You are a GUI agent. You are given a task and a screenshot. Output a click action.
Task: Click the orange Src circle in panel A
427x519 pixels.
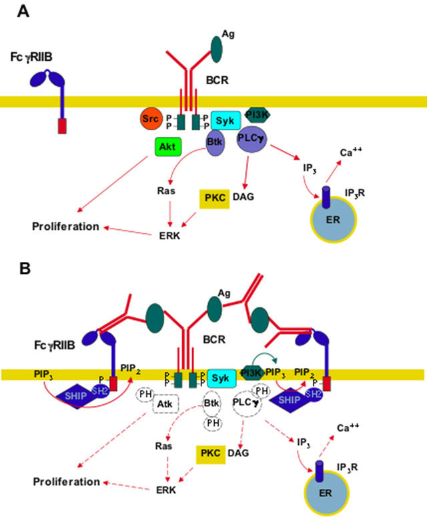[151, 120]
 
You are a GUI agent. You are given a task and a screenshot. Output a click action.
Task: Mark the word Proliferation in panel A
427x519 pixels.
[66, 226]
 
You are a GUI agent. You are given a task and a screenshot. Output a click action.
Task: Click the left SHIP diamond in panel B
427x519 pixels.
[77, 395]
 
